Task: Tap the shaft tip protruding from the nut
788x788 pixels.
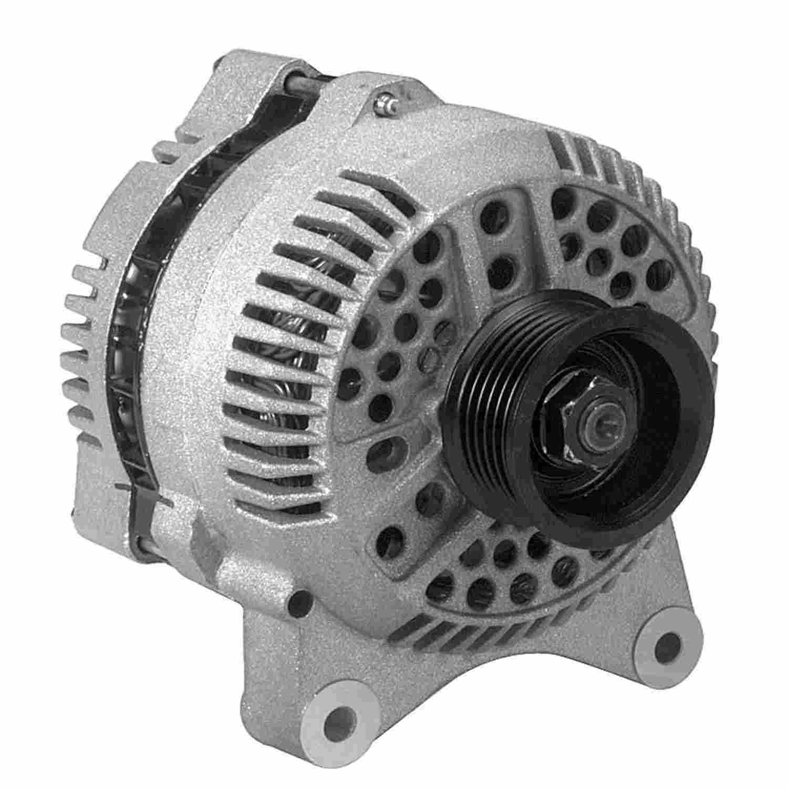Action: (x=604, y=408)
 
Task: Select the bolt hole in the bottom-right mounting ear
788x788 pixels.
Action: (x=666, y=640)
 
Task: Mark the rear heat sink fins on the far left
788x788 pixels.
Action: (x=84, y=336)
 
